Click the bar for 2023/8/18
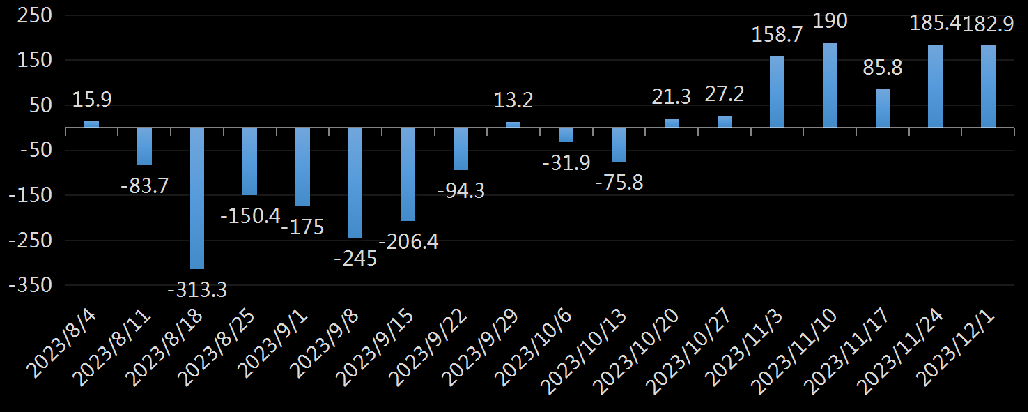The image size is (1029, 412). [197, 198]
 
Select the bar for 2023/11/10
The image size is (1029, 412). [830, 85]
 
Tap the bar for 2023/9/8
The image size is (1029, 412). [355, 183]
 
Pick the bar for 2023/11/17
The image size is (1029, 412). [883, 108]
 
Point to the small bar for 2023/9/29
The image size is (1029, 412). [513, 125]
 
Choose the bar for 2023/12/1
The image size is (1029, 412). [988, 86]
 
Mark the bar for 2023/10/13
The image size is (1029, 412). [619, 144]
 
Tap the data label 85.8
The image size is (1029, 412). [882, 68]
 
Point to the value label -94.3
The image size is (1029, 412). [461, 190]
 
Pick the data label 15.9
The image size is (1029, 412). [91, 100]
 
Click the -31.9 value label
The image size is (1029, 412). [566, 163]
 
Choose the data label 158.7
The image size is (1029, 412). [777, 35]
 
